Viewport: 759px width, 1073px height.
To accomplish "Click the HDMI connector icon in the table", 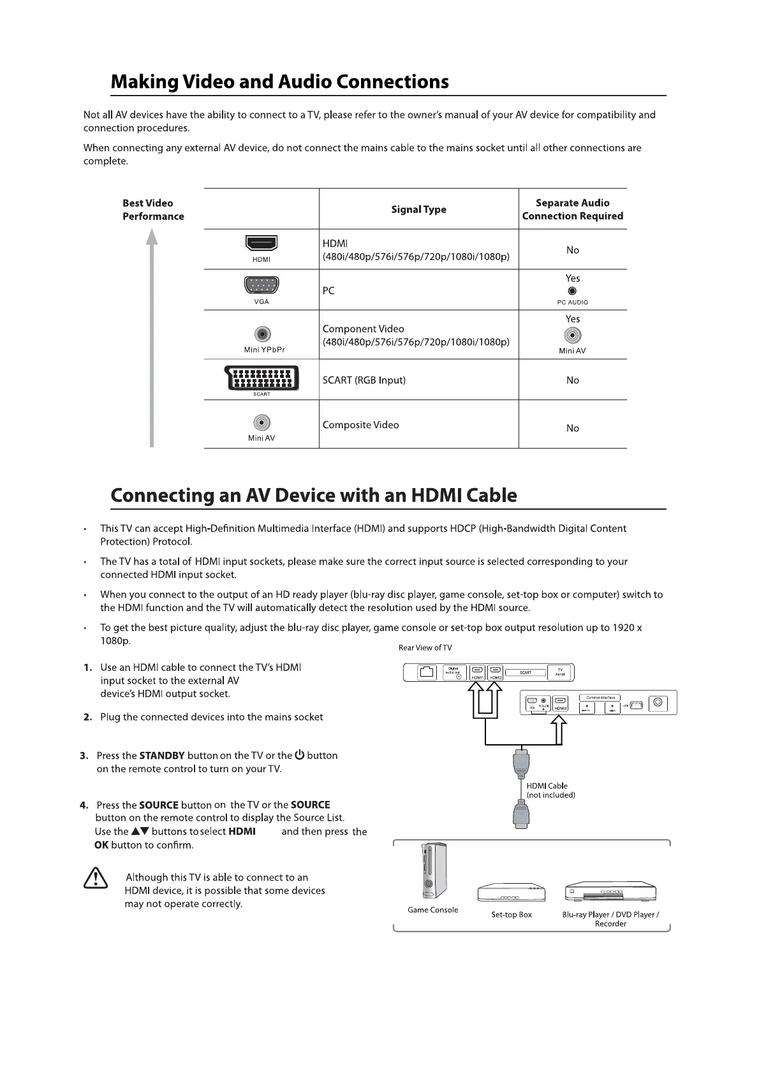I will tap(262, 243).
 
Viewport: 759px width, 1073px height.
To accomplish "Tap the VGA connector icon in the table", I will tap(262, 285).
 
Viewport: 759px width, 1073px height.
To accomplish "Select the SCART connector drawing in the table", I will tap(262, 377).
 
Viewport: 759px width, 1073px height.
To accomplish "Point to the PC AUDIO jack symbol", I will tap(572, 291).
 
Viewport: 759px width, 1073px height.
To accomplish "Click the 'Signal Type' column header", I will tap(418, 210).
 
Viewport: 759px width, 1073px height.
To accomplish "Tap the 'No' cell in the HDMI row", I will tap(573, 250).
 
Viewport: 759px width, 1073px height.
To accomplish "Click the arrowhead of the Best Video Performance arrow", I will tap(152, 237).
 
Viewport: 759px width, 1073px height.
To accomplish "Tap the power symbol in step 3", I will tap(299, 755).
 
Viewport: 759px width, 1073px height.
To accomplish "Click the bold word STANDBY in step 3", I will tap(162, 756).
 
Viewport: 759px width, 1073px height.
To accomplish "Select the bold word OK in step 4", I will tap(101, 846).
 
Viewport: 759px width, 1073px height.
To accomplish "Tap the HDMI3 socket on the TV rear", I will tap(561, 703).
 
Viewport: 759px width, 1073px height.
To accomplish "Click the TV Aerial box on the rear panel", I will tap(560, 672).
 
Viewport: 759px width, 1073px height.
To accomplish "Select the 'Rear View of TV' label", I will tap(425, 648).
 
